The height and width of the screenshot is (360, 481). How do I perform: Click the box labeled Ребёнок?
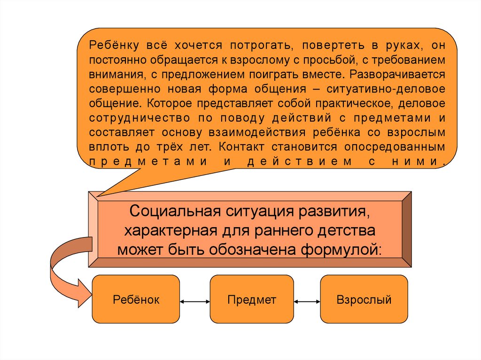136,299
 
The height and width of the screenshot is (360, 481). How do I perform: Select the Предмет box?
251,299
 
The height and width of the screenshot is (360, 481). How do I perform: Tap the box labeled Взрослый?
364,299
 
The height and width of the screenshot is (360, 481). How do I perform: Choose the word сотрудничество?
139,118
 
